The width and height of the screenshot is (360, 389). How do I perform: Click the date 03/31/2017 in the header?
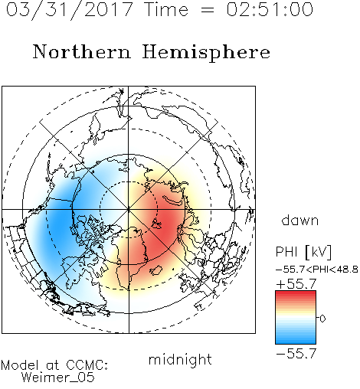(x=70, y=9)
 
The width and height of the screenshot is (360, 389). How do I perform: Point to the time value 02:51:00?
(x=270, y=9)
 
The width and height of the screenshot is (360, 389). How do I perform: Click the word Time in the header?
(x=166, y=9)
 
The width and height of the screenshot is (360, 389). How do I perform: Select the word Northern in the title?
(x=82, y=51)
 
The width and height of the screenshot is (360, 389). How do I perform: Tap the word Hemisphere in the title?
(x=206, y=53)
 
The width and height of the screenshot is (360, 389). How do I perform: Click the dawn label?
(x=300, y=220)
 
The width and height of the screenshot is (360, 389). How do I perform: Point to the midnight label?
(x=180, y=359)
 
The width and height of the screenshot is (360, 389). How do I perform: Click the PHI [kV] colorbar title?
(x=304, y=252)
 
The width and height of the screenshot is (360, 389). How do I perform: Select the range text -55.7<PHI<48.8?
(x=317, y=270)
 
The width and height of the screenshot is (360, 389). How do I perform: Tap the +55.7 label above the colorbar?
(x=296, y=284)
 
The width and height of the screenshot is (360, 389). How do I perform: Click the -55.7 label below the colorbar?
(x=296, y=354)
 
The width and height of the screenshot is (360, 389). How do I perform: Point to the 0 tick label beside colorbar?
(x=322, y=319)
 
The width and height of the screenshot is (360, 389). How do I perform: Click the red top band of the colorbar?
(x=296, y=294)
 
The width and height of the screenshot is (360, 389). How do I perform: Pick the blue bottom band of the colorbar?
(x=296, y=341)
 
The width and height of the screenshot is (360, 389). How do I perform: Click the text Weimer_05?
(x=58, y=378)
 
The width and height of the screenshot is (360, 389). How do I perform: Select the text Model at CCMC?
(x=54, y=365)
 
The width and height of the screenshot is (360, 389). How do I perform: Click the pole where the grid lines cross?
(x=129, y=209)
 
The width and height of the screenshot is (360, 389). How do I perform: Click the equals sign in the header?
(x=208, y=10)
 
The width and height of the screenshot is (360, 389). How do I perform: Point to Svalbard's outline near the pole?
(x=156, y=224)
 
